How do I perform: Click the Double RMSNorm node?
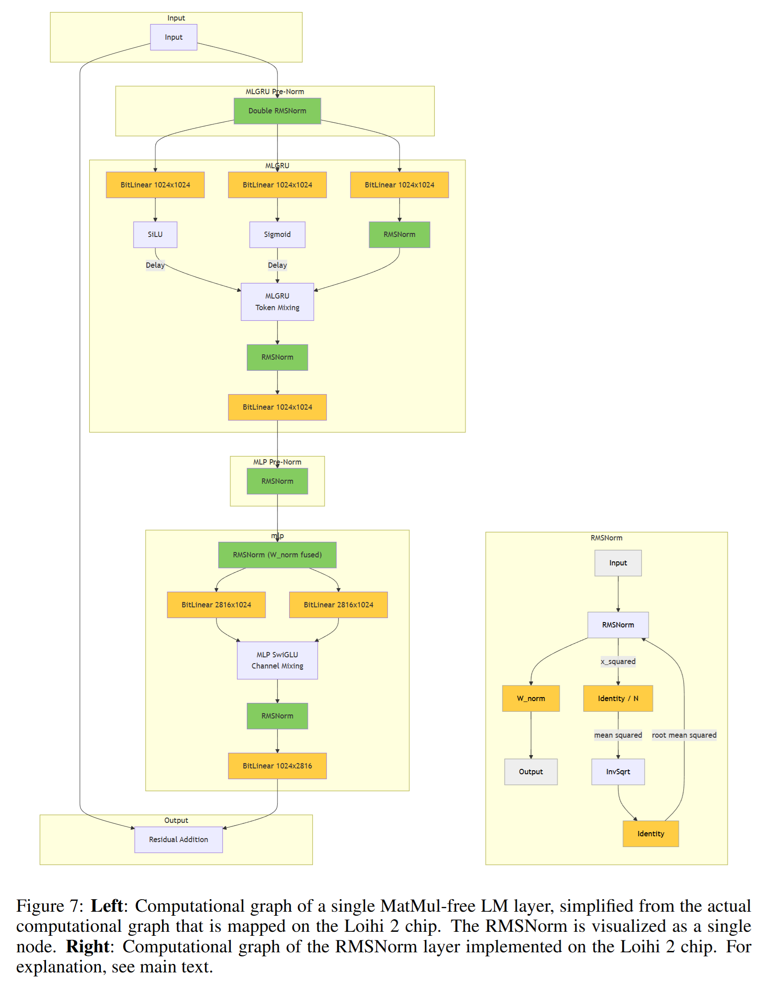pos(277,111)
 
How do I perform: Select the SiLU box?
pos(155,234)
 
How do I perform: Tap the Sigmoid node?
pos(277,234)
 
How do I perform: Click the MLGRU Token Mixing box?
pos(277,301)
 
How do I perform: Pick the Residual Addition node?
pos(179,839)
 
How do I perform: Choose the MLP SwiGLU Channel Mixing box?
pos(277,660)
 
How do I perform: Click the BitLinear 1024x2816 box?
pos(277,765)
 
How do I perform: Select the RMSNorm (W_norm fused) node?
pos(277,555)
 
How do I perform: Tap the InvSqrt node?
pos(618,771)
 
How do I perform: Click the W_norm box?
pos(531,698)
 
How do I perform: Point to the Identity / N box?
pos(618,698)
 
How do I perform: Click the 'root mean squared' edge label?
pos(684,735)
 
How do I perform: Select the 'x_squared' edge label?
pos(618,661)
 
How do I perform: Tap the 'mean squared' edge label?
pos(618,735)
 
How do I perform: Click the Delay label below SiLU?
pos(155,265)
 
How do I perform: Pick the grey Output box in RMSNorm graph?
pos(531,771)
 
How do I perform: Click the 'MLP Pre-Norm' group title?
pos(277,462)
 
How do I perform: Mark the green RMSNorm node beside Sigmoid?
pos(399,234)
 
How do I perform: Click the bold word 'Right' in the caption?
pos(87,946)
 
